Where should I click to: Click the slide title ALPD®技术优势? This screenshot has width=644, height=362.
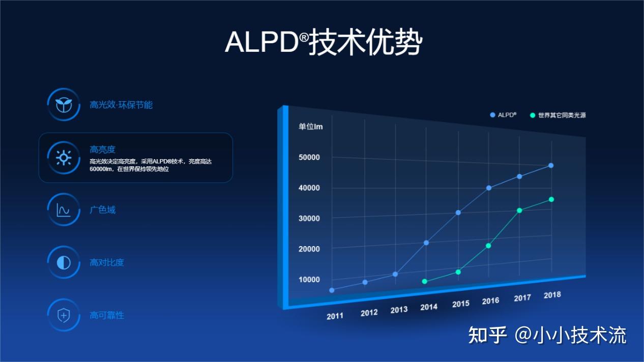[x=323, y=42]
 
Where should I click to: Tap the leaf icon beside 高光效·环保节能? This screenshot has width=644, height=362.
[x=64, y=105]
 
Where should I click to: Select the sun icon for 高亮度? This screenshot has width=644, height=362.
[x=64, y=158]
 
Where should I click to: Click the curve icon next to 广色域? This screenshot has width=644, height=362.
[x=64, y=209]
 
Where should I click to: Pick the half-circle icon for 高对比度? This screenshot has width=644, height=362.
[x=64, y=262]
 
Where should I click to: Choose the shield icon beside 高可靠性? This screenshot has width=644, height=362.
[x=64, y=315]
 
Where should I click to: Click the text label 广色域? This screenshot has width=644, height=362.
[x=103, y=209]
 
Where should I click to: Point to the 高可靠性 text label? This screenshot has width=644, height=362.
[x=107, y=315]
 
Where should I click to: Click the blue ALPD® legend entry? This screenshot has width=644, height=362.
[x=503, y=115]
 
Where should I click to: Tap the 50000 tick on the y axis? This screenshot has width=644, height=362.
[x=309, y=157]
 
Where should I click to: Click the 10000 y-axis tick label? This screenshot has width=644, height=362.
[x=309, y=279]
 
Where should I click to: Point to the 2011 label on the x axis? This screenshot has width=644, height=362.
[x=335, y=316]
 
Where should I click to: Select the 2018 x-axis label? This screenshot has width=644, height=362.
[x=552, y=294]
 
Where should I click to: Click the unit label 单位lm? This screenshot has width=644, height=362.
[x=310, y=126]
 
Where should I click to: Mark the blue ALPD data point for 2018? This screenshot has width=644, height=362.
[x=551, y=165]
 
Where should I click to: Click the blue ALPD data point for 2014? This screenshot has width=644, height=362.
[x=426, y=243]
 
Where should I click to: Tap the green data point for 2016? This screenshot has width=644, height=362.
[x=488, y=246]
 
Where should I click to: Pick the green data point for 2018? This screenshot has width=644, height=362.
[x=551, y=199]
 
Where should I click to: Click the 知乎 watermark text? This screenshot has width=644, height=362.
[x=487, y=335]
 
